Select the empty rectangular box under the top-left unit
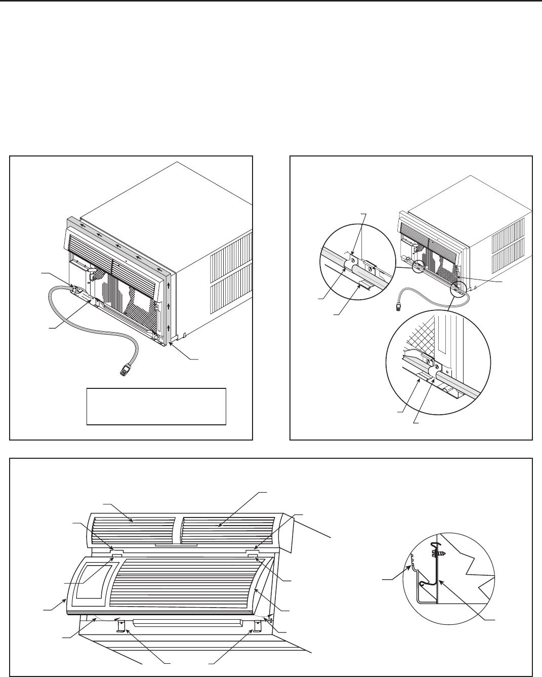[156, 406]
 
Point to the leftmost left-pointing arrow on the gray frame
[95, 233]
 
